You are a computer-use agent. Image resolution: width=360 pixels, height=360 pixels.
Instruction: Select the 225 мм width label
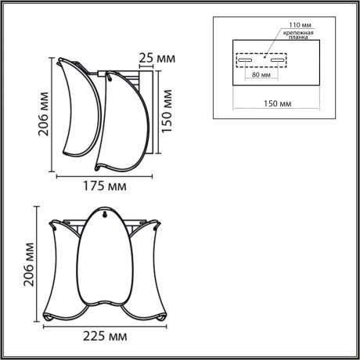click(105, 337)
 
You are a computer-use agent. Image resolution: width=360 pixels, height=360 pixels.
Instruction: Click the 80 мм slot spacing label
click(261, 76)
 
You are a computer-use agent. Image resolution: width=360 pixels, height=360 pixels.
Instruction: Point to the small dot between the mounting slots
click(265, 56)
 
